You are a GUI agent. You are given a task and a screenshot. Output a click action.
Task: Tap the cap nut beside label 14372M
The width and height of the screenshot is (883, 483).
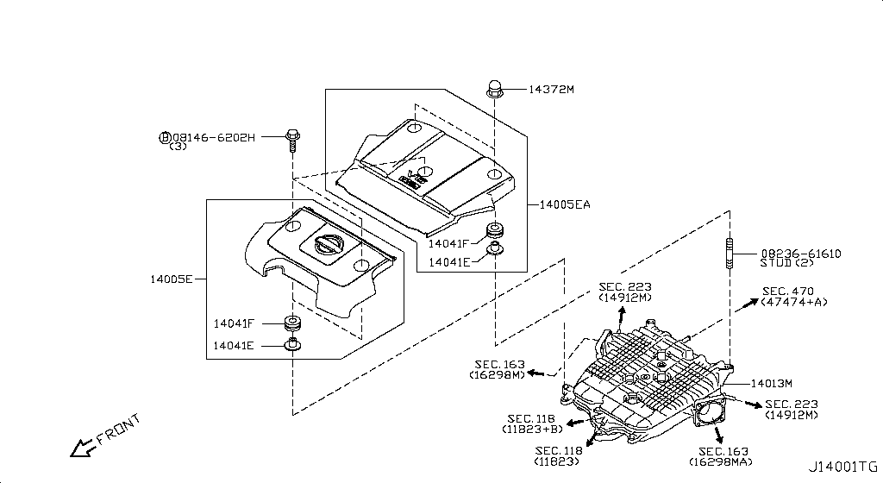point(495,87)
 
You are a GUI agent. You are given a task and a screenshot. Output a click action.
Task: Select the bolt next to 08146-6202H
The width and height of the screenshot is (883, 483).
point(291,138)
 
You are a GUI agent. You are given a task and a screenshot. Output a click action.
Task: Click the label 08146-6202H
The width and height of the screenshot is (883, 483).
point(214,137)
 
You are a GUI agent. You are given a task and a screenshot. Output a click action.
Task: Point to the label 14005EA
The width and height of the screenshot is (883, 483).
point(564,204)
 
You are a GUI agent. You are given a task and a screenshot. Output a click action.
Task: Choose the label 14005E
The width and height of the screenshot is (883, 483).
point(171,279)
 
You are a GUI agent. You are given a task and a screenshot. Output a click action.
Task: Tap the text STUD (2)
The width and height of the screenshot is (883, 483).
point(788,263)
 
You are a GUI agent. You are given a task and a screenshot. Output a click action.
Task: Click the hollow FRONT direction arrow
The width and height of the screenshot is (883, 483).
point(83,447)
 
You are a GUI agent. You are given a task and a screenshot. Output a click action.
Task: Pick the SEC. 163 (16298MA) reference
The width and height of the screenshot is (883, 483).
point(723,457)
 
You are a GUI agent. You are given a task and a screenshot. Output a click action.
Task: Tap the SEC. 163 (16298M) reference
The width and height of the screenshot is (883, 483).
point(498,370)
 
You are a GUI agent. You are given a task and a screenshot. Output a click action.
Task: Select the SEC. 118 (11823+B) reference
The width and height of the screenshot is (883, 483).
point(532,423)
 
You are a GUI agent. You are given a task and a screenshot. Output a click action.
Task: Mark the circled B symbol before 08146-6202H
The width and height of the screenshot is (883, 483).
point(164,137)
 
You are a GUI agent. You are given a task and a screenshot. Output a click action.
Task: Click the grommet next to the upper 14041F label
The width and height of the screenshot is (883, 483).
point(495,230)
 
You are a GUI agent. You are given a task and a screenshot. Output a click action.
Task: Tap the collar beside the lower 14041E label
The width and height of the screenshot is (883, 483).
point(292,346)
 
